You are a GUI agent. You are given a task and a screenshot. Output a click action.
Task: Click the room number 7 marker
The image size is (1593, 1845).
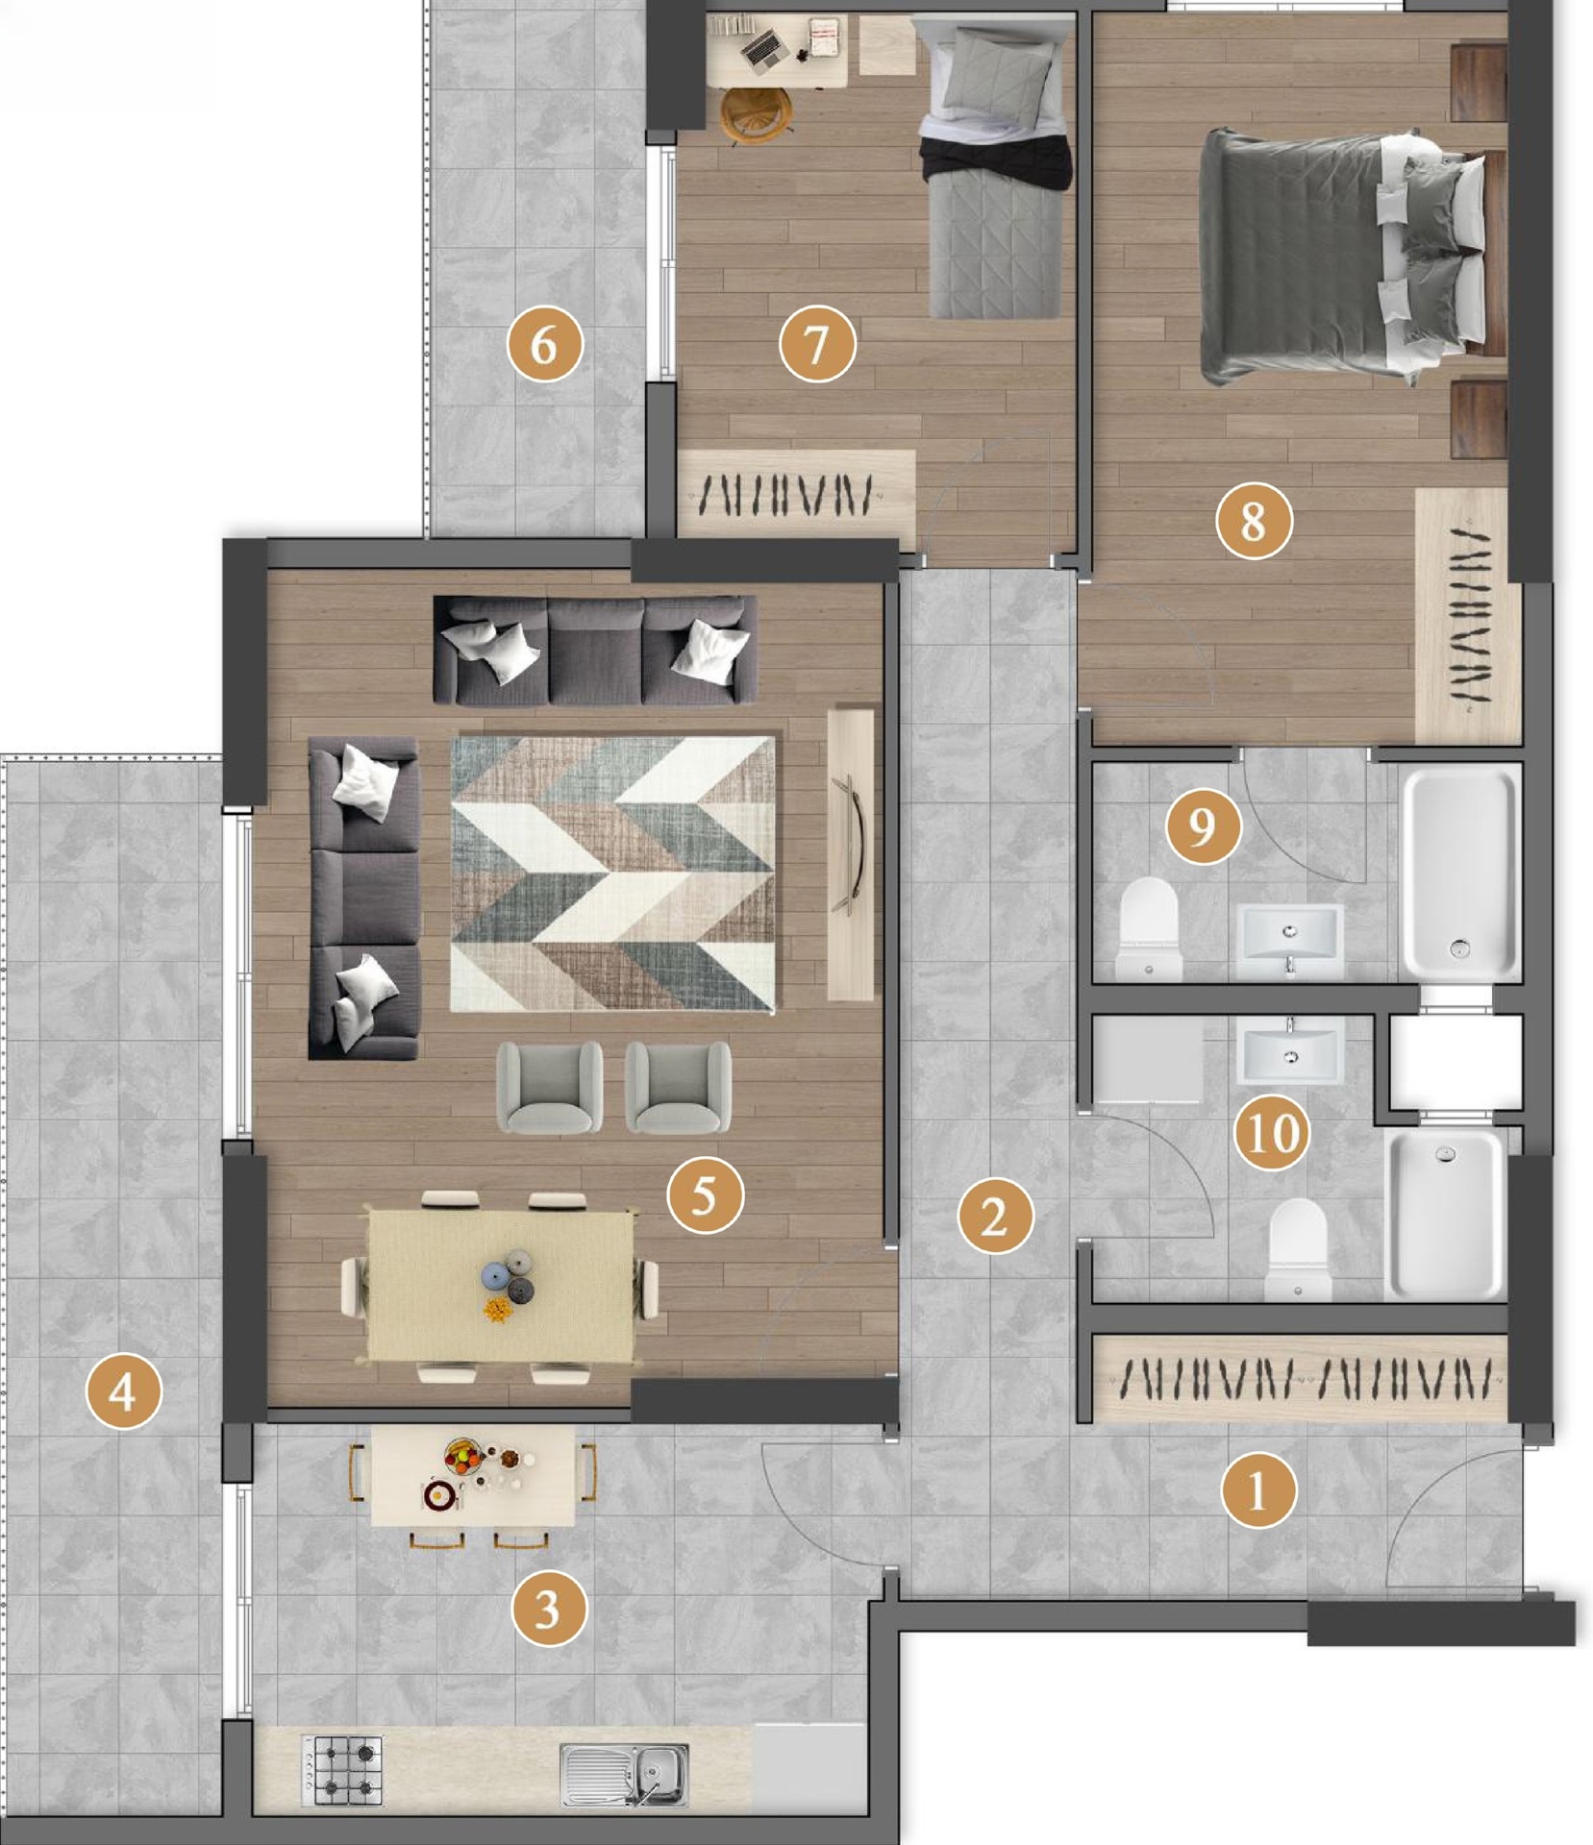click(x=816, y=343)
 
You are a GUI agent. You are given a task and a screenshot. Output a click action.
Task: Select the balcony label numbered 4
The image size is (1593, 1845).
click(x=123, y=1390)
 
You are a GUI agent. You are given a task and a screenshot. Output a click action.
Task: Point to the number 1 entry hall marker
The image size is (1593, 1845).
click(x=1257, y=1490)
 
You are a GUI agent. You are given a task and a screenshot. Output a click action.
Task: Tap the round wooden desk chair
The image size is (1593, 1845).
click(x=758, y=114)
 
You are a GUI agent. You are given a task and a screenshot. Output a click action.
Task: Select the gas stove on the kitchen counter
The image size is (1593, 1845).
click(x=342, y=1769)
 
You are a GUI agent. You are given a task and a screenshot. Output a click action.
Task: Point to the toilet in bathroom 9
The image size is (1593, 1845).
click(x=1150, y=929)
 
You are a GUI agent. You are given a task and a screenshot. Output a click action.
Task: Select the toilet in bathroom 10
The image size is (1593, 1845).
click(x=1298, y=1249)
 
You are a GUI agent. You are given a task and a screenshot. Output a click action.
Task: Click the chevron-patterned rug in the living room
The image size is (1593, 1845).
click(x=612, y=873)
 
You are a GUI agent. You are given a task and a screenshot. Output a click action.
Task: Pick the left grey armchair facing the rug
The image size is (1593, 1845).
click(x=550, y=1088)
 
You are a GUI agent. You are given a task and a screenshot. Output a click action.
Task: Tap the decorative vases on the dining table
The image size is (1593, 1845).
click(x=508, y=1284)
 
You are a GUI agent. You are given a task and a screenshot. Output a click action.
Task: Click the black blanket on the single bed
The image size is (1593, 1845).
click(x=996, y=160)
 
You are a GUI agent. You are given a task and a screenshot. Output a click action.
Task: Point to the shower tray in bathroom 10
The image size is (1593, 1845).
click(x=1446, y=1215)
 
